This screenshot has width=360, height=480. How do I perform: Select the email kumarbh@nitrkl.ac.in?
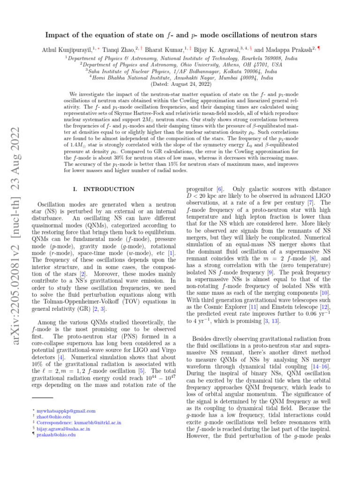[x=81, y=423]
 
